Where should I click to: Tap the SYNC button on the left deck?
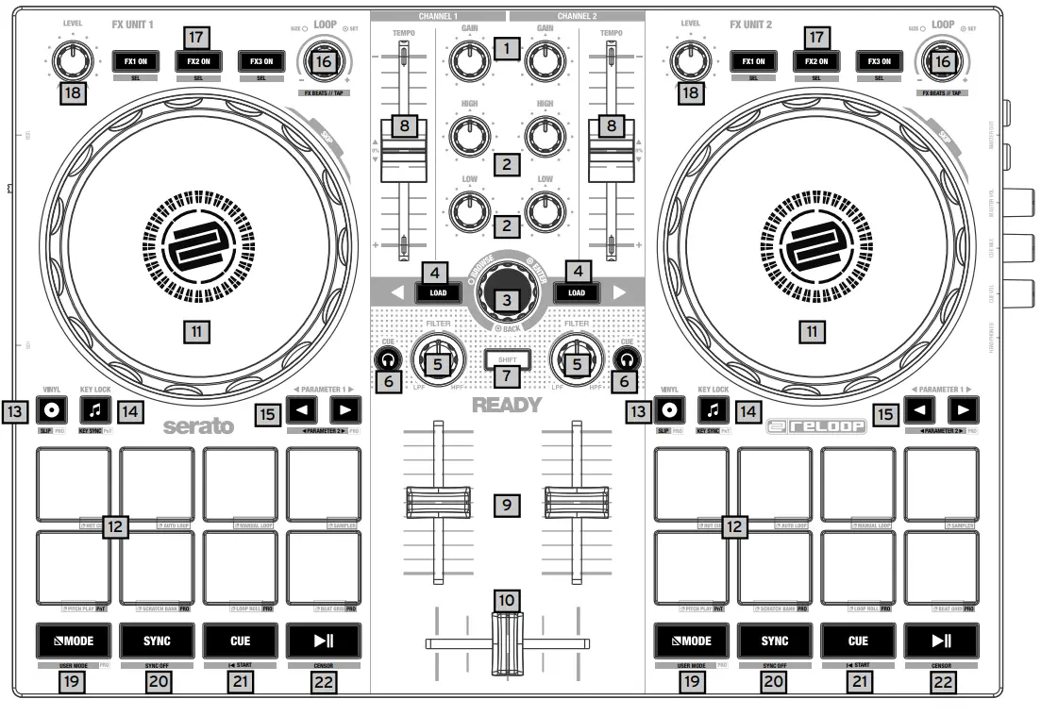click(x=158, y=641)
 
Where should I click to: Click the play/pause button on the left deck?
click(x=324, y=641)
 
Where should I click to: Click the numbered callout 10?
click(x=508, y=599)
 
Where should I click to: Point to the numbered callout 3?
click(x=509, y=300)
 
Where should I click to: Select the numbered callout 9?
click(x=508, y=505)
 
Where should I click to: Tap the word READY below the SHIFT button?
click(x=508, y=407)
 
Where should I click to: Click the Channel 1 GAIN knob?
click(x=463, y=61)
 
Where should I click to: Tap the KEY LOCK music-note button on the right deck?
click(x=714, y=409)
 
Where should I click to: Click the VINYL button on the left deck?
click(x=53, y=409)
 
